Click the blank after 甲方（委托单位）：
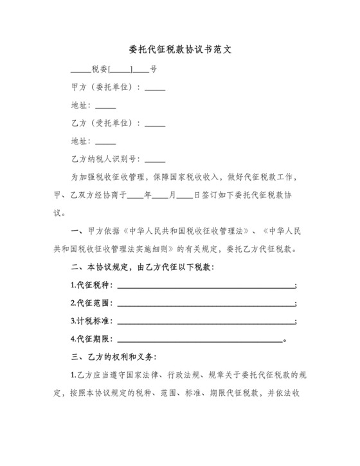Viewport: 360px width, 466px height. pos(155,88)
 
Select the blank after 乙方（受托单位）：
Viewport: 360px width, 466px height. pos(155,123)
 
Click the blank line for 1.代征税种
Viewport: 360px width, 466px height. pos(205,285)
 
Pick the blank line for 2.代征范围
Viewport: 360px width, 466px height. pos(205,303)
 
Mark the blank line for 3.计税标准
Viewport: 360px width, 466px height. pos(205,321)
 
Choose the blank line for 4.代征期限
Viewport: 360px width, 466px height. pos(199,339)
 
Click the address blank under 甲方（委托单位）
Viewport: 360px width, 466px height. pos(105,106)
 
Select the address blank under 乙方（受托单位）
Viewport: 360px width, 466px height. pos(105,141)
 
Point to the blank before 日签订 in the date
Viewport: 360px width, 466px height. pos(184,195)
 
